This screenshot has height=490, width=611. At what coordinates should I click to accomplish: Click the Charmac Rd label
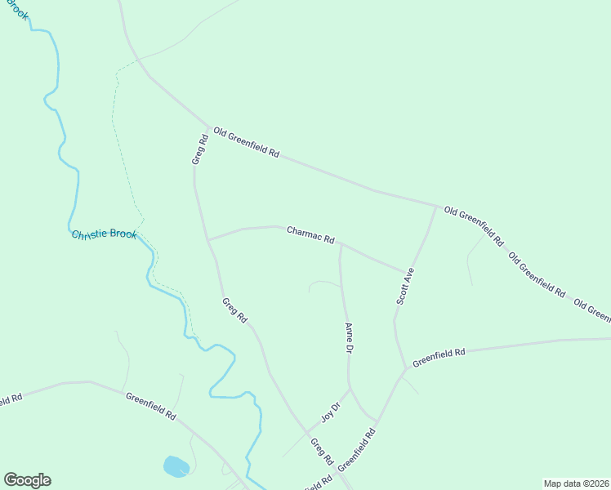pyautogui.click(x=310, y=235)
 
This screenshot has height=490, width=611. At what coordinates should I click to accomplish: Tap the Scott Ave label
pyautogui.click(x=406, y=287)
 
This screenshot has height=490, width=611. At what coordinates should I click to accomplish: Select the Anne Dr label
pyautogui.click(x=348, y=338)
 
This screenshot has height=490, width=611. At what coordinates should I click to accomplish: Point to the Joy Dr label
pyautogui.click(x=329, y=413)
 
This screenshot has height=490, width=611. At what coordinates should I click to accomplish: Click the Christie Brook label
pyautogui.click(x=105, y=234)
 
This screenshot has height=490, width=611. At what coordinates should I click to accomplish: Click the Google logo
pyautogui.click(x=27, y=480)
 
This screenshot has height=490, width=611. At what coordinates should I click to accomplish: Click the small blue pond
pyautogui.click(x=176, y=466)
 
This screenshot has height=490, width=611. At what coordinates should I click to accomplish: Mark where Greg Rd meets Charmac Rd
pyautogui.click(x=208, y=240)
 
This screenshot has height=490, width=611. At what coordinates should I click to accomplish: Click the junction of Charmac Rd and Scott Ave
pyautogui.click(x=406, y=270)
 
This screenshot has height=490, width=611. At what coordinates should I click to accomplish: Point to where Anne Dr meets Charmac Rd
pyautogui.click(x=340, y=243)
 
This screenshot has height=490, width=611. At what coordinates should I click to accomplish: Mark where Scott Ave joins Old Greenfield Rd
pyautogui.click(x=435, y=206)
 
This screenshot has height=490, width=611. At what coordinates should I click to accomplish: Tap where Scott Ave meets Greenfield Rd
pyautogui.click(x=405, y=368)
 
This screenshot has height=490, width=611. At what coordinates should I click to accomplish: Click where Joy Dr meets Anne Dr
pyautogui.click(x=350, y=389)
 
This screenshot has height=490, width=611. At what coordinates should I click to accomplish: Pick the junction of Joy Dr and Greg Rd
pyautogui.click(x=308, y=433)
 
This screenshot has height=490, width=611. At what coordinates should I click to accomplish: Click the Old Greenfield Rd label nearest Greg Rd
pyautogui.click(x=246, y=142)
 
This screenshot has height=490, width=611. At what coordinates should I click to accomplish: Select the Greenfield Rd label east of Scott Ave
pyautogui.click(x=439, y=357)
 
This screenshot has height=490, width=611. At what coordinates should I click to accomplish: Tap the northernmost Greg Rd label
pyautogui.click(x=200, y=149)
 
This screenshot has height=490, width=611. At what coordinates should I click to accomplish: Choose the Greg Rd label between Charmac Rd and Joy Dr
pyautogui.click(x=234, y=310)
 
